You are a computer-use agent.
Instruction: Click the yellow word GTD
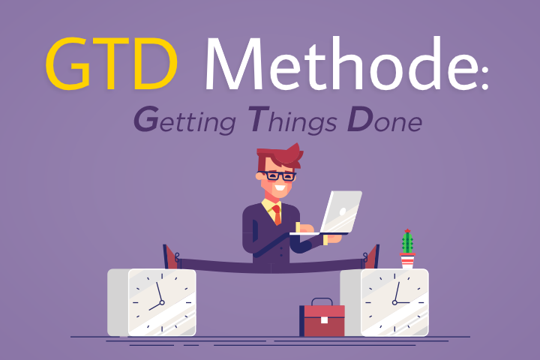tap(112, 64)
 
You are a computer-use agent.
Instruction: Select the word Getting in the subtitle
tap(185, 121)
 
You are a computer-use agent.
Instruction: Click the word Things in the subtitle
tap(292, 121)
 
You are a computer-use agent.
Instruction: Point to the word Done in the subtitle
tap(385, 119)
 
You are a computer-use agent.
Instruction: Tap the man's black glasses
tap(277, 175)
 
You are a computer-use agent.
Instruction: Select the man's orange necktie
tap(277, 214)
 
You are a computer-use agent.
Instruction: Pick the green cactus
tap(407, 241)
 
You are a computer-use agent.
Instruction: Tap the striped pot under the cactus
tap(407, 261)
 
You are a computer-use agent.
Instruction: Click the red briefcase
tap(322, 319)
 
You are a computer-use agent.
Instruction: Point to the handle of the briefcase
tap(322, 301)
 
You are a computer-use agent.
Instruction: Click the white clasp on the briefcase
tap(324, 320)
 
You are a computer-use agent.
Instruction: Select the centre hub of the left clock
tap(162, 303)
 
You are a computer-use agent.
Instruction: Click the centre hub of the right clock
tap(394, 303)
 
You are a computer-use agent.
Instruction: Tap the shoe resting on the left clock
tap(171, 256)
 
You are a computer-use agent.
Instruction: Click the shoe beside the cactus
tap(371, 256)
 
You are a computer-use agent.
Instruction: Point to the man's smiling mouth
tap(279, 188)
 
